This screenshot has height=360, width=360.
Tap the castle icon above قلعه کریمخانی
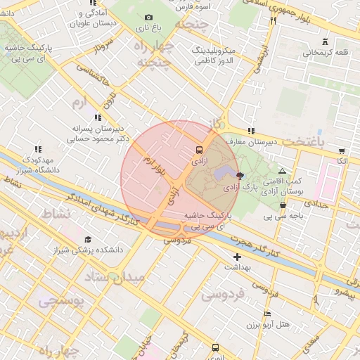coord(324,41)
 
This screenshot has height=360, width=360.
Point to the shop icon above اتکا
coord(342,151)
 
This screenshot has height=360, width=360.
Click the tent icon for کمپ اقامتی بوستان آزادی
coord(282,171)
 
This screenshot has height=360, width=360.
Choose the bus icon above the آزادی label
coord(198,150)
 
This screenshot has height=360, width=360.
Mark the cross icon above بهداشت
coord(237,257)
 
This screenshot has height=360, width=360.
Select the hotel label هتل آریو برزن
coord(269,324)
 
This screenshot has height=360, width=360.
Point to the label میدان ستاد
coord(118,276)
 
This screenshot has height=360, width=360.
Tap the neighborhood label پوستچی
coord(61,302)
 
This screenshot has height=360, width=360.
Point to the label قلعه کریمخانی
coord(326,53)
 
